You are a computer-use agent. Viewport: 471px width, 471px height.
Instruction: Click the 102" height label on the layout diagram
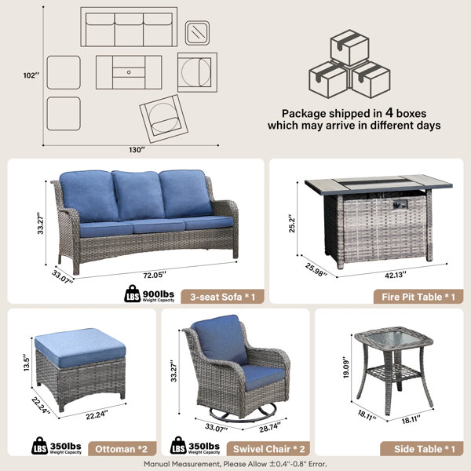click(x=31, y=75)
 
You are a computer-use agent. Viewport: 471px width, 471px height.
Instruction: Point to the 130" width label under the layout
click(x=137, y=150)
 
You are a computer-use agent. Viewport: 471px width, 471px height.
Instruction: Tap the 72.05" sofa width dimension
click(x=155, y=275)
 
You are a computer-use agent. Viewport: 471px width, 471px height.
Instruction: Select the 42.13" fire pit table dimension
click(x=396, y=275)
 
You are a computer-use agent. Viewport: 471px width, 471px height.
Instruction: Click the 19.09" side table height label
click(x=346, y=367)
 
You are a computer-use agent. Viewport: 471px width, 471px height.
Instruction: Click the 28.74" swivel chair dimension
click(x=270, y=427)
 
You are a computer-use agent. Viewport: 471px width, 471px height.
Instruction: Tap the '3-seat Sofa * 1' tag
click(x=223, y=297)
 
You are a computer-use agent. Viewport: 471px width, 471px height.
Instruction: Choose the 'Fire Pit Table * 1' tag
click(x=418, y=297)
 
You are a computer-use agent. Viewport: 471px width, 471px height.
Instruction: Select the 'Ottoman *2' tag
click(x=122, y=449)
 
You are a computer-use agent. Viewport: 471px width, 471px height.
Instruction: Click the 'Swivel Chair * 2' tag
click(x=268, y=449)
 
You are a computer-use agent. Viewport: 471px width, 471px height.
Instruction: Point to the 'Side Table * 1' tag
click(x=422, y=449)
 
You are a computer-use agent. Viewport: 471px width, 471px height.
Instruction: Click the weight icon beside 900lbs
click(x=132, y=294)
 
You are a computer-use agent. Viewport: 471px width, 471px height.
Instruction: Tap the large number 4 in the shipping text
click(x=389, y=112)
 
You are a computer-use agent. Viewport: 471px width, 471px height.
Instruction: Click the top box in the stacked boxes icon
click(x=349, y=47)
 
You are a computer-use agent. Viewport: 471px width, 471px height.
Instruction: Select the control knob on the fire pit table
click(x=400, y=204)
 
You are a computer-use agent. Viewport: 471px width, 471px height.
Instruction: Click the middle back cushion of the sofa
click(x=138, y=195)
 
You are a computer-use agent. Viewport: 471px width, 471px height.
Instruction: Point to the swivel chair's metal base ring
click(x=243, y=414)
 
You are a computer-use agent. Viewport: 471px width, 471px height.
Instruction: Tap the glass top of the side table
click(x=394, y=339)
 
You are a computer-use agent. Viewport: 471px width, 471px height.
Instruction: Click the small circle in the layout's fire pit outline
click(x=129, y=72)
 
